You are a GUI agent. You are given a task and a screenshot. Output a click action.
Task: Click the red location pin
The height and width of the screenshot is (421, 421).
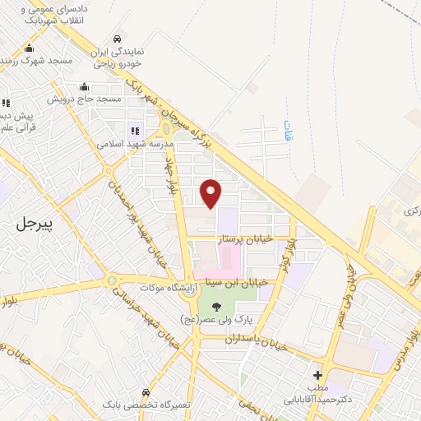212,192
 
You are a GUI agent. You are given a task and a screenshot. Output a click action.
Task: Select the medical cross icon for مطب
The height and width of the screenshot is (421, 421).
318,374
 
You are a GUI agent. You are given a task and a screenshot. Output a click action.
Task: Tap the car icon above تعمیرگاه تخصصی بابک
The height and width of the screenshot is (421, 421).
145,392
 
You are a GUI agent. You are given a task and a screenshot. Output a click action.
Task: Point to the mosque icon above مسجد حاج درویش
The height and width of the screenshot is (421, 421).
83,87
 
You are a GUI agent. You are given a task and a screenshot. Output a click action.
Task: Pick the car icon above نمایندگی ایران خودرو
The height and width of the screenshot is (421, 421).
118,39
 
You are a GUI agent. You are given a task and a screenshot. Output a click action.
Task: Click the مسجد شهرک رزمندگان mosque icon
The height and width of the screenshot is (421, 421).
30,49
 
